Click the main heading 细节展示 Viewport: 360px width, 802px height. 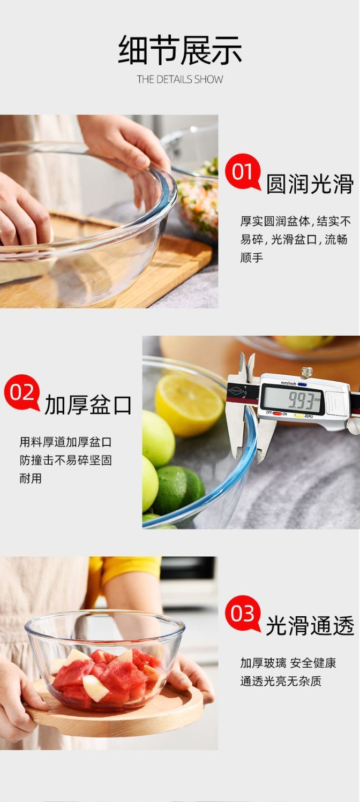180,50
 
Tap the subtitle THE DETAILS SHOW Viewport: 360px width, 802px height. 180,79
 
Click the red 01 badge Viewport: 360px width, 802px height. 243,171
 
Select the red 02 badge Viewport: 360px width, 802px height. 21,392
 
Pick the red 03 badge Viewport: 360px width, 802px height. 243,614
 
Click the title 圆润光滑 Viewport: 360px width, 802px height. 310,184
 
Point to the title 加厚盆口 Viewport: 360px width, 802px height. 88,405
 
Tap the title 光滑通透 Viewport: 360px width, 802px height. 310,626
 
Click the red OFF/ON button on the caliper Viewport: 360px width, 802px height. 277,413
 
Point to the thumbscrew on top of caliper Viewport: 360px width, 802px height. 306,373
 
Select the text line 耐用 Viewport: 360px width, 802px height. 31,478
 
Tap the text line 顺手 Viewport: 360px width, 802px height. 251,258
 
